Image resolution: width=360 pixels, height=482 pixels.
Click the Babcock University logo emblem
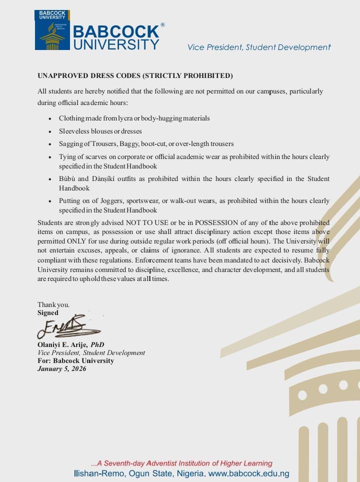(x=52, y=30)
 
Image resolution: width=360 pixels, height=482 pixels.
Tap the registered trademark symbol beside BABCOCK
(x=162, y=25)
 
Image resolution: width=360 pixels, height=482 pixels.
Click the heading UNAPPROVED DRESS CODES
(x=135, y=76)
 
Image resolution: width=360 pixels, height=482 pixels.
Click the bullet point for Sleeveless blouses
(x=49, y=131)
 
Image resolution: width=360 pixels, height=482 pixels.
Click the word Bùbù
(x=67, y=179)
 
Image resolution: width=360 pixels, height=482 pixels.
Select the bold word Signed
(x=48, y=313)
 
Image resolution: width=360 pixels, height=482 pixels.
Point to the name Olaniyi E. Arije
(x=62, y=345)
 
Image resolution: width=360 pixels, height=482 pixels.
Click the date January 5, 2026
(x=61, y=369)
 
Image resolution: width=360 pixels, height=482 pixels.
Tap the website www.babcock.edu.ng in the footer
(x=248, y=473)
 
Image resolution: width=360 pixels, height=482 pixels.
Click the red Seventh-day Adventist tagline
(x=181, y=463)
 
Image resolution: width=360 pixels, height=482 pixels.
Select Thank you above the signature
(x=53, y=305)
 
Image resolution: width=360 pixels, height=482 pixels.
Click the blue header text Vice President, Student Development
(x=258, y=47)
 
